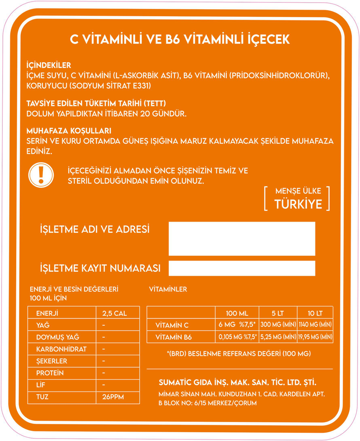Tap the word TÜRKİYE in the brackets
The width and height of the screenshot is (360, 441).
click(298, 204)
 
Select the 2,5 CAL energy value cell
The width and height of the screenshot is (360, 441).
click(114, 313)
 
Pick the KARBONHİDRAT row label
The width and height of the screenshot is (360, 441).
click(61, 349)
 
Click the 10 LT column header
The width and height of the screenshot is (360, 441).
click(315, 313)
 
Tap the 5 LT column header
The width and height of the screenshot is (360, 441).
click(278, 313)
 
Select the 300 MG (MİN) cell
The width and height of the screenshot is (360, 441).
click(278, 325)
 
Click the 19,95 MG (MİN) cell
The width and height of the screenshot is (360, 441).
click(315, 337)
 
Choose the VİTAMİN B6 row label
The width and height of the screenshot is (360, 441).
click(173, 337)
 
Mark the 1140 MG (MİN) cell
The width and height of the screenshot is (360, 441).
click(315, 325)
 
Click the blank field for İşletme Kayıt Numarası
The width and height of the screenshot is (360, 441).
click(242, 268)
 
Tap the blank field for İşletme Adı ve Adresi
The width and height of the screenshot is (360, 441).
click(242, 239)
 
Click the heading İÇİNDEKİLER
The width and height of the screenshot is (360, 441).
click(48, 65)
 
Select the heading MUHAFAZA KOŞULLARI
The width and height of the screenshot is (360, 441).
click(68, 131)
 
